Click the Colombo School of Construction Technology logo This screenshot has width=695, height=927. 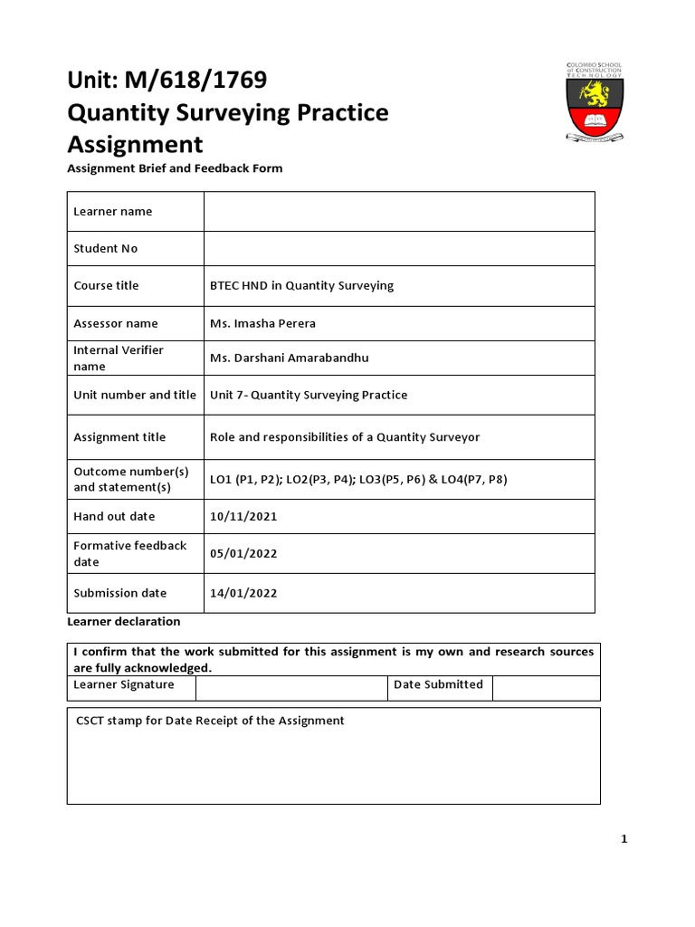(x=594, y=101)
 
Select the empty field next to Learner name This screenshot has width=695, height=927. (x=399, y=211)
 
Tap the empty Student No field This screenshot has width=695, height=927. (x=399, y=248)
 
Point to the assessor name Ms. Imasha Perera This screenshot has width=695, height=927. (x=262, y=323)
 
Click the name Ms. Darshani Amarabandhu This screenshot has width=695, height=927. (x=289, y=358)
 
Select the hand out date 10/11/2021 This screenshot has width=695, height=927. (x=243, y=516)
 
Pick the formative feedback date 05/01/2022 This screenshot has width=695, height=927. (x=243, y=554)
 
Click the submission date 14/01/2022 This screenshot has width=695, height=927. (x=243, y=593)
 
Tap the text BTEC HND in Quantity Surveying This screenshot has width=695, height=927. (x=301, y=285)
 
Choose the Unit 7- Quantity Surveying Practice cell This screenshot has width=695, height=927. (x=309, y=395)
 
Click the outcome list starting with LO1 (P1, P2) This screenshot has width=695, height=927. (x=358, y=479)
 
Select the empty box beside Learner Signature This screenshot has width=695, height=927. (x=291, y=687)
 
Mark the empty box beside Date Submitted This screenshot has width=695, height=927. (x=545, y=687)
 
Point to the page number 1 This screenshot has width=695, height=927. (x=624, y=839)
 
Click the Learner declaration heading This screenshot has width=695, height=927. (x=124, y=622)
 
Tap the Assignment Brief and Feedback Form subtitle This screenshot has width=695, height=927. (x=175, y=168)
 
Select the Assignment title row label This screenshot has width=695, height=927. (x=119, y=437)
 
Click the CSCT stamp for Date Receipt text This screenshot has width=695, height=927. (x=210, y=721)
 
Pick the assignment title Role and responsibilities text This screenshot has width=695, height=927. (x=345, y=437)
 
